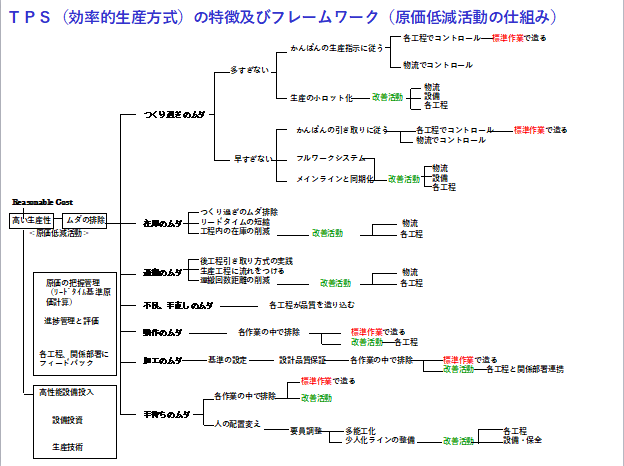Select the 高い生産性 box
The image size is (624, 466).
pyautogui.click(x=31, y=219)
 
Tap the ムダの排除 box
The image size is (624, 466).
pyautogui.click(x=85, y=219)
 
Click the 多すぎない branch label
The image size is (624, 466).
pyautogui.click(x=249, y=71)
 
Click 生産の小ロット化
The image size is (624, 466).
pyautogui.click(x=322, y=98)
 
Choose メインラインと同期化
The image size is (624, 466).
pyautogui.click(x=335, y=179)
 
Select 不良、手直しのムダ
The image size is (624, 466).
pyautogui.click(x=178, y=305)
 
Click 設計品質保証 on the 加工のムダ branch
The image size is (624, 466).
pyautogui.click(x=304, y=359)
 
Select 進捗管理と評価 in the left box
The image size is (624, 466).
pyautogui.click(x=70, y=321)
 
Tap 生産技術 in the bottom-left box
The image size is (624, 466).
pyautogui.click(x=69, y=446)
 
